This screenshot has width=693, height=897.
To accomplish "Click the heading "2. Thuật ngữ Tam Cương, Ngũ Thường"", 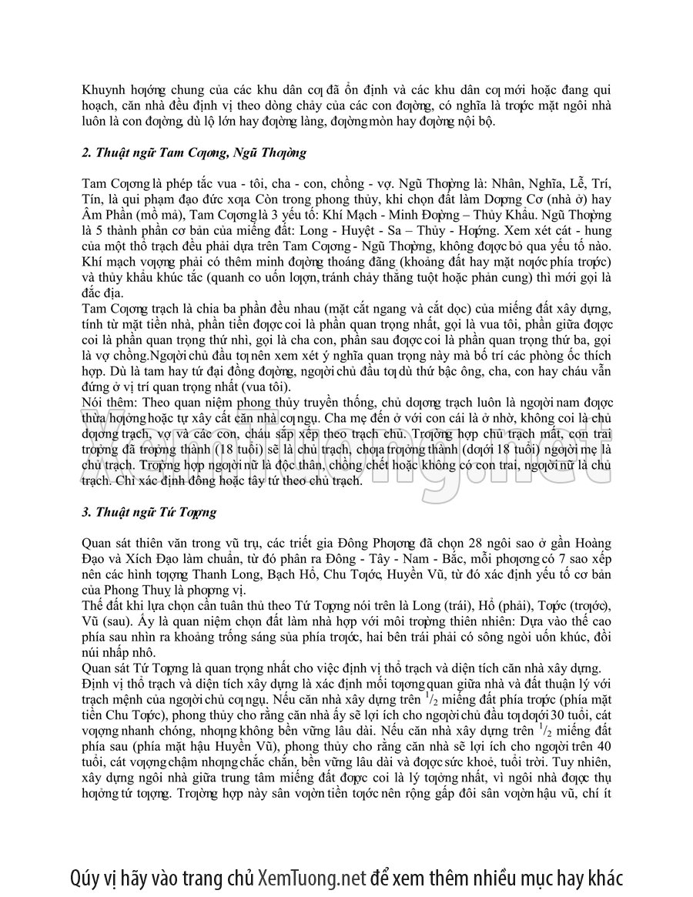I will (194, 152).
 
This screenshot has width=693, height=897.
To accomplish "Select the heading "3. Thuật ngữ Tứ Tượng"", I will (149, 511).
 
